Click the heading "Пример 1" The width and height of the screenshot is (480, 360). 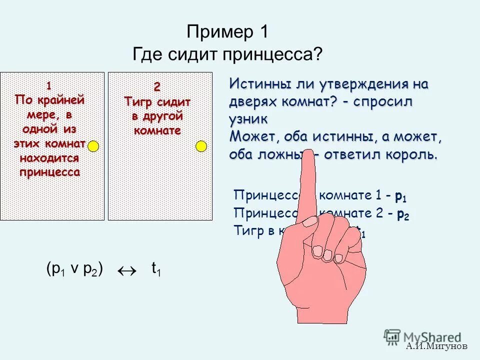point(227,32)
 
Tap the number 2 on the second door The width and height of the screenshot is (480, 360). point(157,87)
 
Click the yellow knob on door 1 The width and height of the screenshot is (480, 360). point(93,145)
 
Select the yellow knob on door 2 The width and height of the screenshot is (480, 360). point(201,145)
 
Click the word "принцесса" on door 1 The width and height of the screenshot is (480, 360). point(49,172)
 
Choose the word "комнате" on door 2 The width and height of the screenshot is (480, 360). point(157,130)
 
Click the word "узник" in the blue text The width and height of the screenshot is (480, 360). point(248,119)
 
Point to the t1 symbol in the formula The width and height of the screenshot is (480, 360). point(156,270)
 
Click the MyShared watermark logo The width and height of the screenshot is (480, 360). point(422,336)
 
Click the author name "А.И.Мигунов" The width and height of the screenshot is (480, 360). point(436,346)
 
